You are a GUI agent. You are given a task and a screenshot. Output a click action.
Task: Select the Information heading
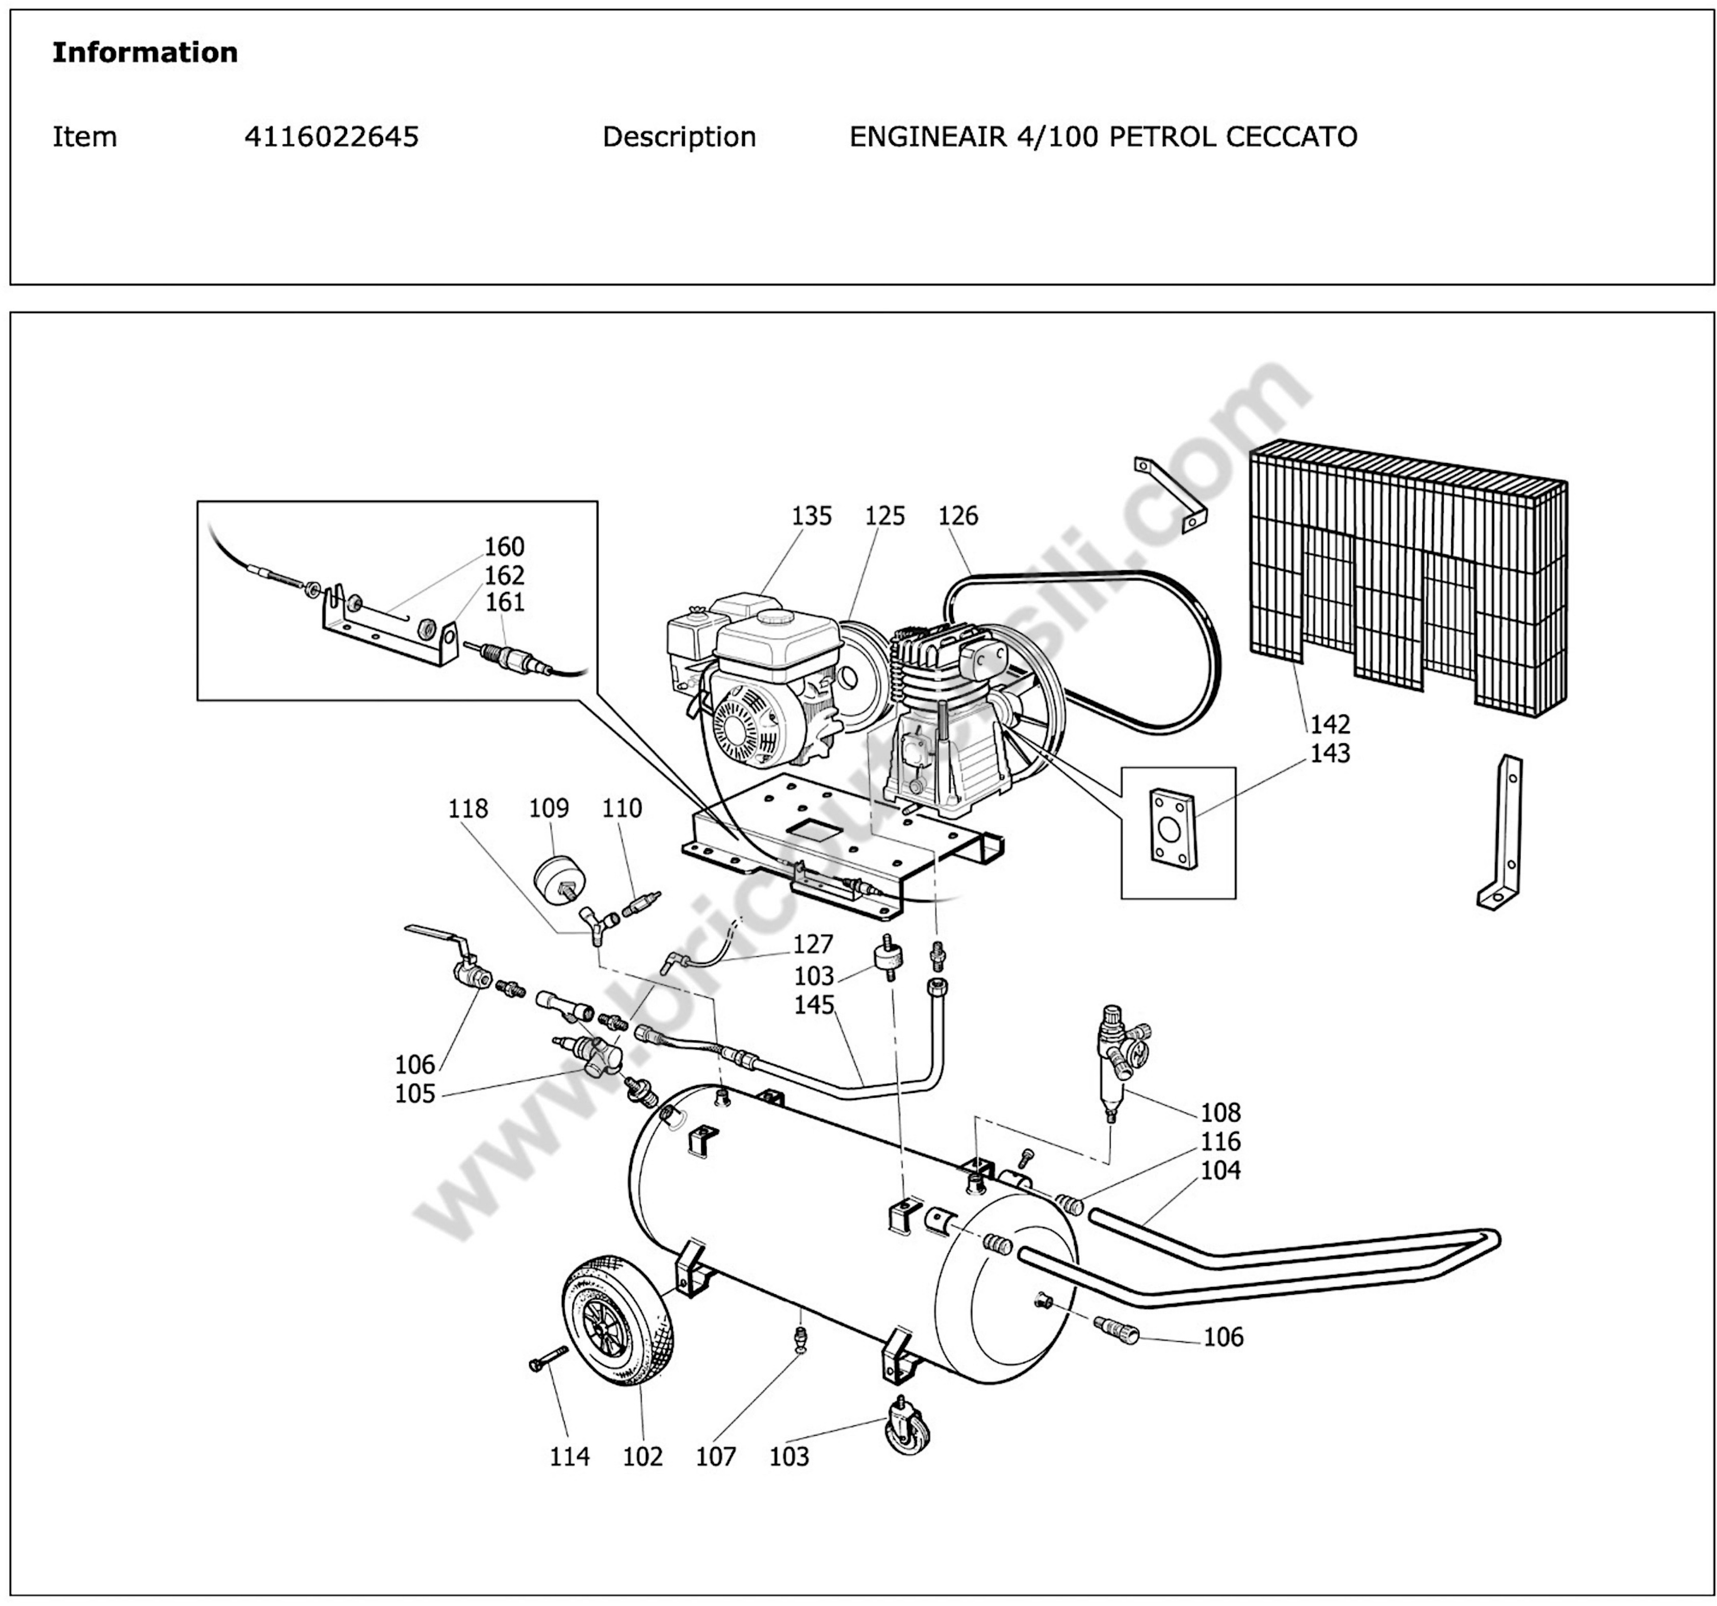tap(145, 53)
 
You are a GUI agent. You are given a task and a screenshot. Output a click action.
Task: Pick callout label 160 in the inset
tap(504, 547)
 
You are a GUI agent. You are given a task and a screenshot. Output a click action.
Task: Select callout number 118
tap(467, 809)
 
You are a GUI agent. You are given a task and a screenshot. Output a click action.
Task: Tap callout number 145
tap(814, 1005)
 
